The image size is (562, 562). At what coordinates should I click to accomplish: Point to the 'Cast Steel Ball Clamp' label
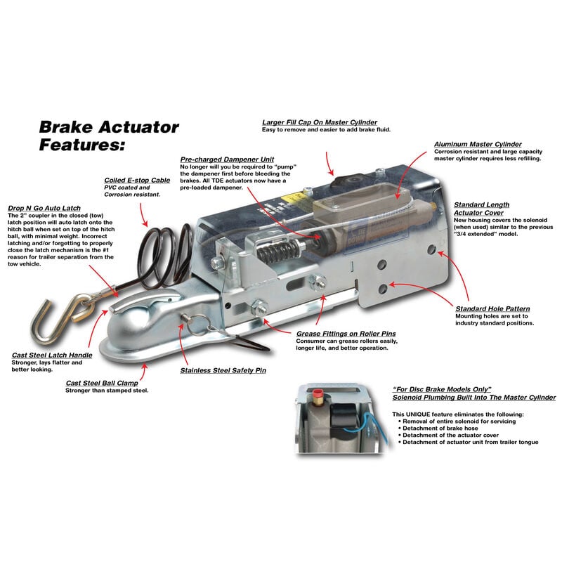pos(105,383)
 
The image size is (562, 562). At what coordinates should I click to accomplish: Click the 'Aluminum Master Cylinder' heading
pos(478,143)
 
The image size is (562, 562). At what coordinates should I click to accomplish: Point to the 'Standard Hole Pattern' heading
pos(492,308)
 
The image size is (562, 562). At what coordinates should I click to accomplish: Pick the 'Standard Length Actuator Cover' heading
pos(482,209)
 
